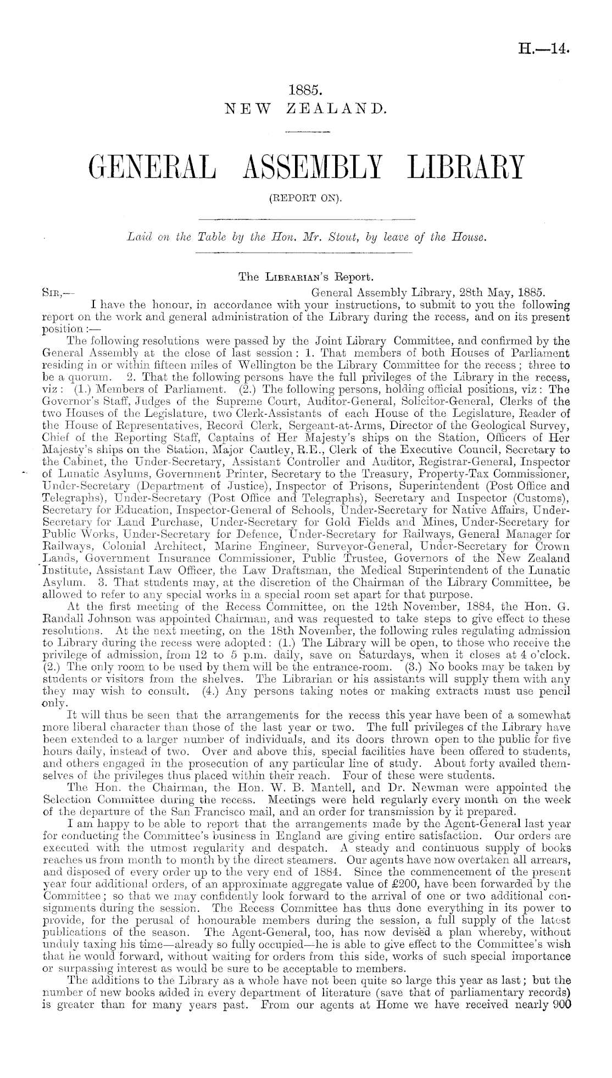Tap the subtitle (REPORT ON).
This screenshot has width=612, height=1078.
tap(305, 199)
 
